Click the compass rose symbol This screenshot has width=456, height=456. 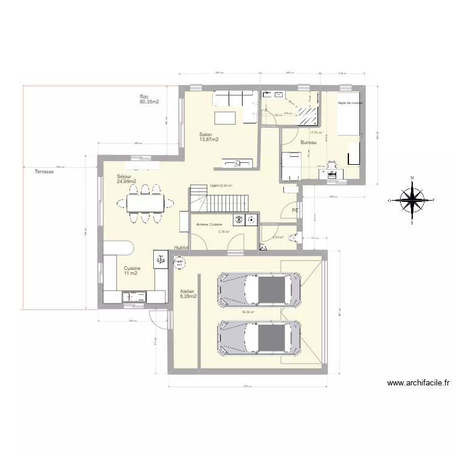click(x=412, y=200)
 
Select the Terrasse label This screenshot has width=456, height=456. click(x=44, y=172)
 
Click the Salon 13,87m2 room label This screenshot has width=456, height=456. click(x=209, y=137)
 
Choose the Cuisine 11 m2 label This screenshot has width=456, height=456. click(x=132, y=271)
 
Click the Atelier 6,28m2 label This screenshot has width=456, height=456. click(x=188, y=294)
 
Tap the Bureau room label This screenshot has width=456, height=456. click(x=308, y=142)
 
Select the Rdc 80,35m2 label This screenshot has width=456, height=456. click(x=149, y=99)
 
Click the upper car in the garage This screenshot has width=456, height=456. click(x=260, y=289)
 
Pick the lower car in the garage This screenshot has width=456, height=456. click(x=260, y=336)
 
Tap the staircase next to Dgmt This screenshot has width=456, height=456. click(x=219, y=199)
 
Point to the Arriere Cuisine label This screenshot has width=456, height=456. click(x=209, y=224)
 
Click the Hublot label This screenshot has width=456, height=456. click(x=181, y=248)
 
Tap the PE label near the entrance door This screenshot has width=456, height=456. click(x=294, y=210)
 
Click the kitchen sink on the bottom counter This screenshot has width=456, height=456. click(x=134, y=296)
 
